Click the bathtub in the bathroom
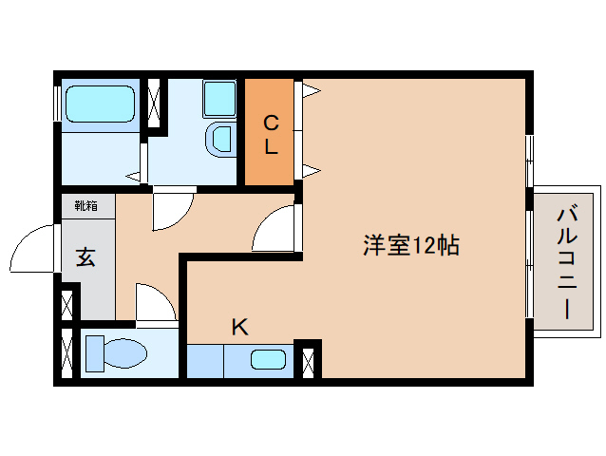click(99, 104)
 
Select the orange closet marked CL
click(269, 133)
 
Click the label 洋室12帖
click(410, 244)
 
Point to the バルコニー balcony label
click(567, 260)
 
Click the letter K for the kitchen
click(239, 328)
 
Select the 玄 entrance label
click(85, 256)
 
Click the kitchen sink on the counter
click(269, 360)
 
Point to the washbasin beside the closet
click(220, 139)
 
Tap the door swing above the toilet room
click(155, 304)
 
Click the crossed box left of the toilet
click(66, 353)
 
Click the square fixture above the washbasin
click(218, 99)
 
